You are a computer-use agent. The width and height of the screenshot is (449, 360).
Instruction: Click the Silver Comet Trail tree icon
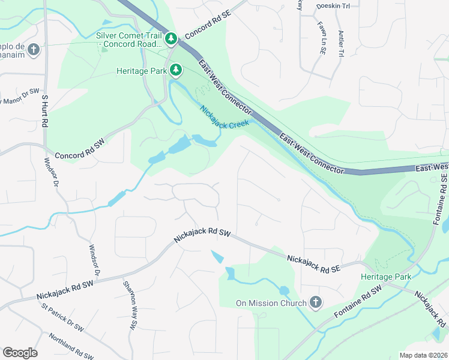[172, 39]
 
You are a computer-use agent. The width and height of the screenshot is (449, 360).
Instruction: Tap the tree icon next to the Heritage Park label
[176, 71]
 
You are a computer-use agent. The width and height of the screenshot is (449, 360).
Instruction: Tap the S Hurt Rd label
[44, 109]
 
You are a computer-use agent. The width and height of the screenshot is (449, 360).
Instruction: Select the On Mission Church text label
[270, 303]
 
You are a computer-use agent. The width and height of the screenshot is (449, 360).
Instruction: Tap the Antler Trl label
[340, 44]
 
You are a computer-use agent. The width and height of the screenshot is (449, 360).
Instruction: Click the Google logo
[20, 353]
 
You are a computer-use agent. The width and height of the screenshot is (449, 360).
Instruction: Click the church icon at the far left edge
[34, 49]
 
